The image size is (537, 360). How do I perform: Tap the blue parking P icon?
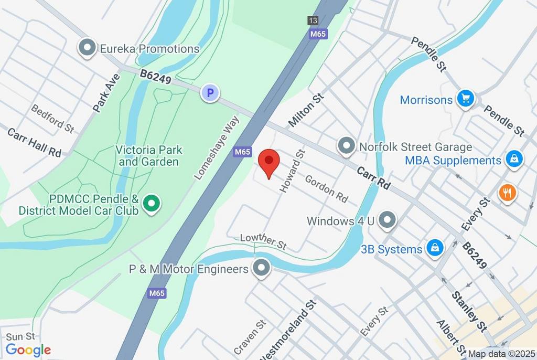[x=210, y=93]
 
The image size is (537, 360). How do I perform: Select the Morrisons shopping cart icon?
[x=465, y=98]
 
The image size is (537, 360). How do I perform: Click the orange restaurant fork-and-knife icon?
[x=507, y=193]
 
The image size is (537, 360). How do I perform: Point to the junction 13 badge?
[x=313, y=21]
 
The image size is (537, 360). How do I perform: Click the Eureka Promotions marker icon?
[x=85, y=48]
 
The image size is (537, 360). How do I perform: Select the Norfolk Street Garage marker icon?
[x=346, y=146]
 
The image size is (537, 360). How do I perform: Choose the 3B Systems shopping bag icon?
[x=435, y=249]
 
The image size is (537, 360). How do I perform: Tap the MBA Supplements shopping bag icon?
[x=514, y=160]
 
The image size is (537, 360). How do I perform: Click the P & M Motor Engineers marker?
[x=261, y=268]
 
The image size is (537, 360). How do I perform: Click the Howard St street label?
[x=293, y=171]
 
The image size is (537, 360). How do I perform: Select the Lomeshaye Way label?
[x=217, y=149]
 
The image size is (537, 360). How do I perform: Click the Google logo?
[x=28, y=350]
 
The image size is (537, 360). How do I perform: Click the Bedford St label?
[x=52, y=117]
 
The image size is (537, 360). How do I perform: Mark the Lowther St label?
[x=263, y=241]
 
